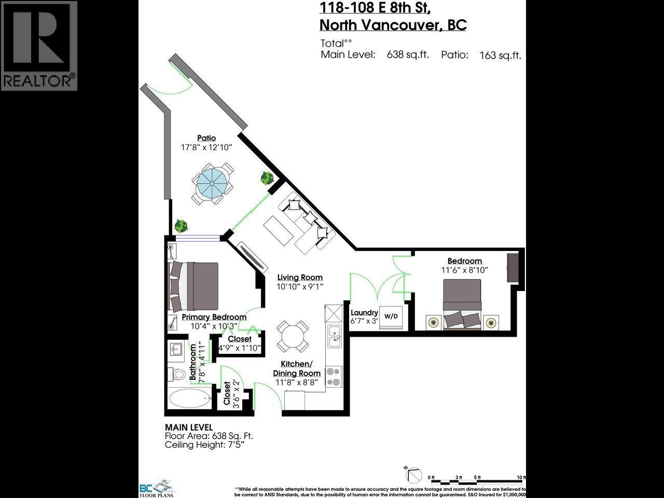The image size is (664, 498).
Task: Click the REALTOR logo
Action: [x=39, y=46]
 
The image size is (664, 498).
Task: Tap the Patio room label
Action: [x=206, y=137]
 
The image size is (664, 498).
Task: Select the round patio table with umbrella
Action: [x=211, y=183]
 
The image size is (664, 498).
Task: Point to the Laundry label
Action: [x=364, y=312]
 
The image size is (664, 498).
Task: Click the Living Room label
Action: [x=299, y=278]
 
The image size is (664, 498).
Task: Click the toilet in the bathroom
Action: [x=177, y=374]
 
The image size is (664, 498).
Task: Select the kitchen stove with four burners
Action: [x=334, y=377]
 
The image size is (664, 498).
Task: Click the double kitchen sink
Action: [x=334, y=336]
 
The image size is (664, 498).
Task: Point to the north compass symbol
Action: [x=413, y=474]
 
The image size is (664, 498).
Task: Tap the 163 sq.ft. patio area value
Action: [x=500, y=56]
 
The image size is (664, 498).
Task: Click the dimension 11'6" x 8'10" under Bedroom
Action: [x=464, y=270]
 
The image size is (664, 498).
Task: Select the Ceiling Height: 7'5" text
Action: [x=204, y=445]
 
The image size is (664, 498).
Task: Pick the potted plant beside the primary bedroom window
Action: [x=181, y=226]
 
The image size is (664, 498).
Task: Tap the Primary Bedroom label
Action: [x=214, y=317]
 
